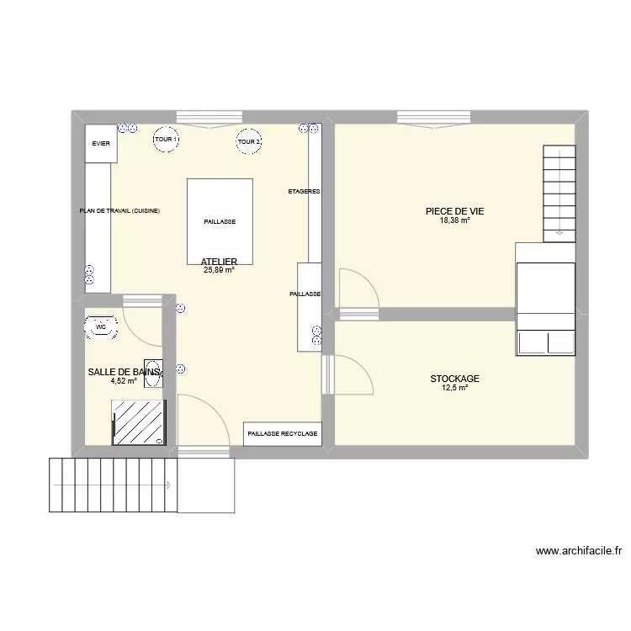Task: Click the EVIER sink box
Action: tap(101, 144)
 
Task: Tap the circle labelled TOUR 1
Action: tap(166, 140)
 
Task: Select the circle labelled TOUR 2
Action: tap(249, 141)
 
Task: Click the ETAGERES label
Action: tap(304, 192)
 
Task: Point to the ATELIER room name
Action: tap(219, 262)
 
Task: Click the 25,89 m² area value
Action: tap(219, 270)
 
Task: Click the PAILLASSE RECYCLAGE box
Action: tap(283, 434)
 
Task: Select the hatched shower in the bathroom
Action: tap(139, 422)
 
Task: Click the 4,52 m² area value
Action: tap(123, 380)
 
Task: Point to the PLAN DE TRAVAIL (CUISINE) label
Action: tap(119, 210)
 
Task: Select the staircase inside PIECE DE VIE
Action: tap(558, 192)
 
